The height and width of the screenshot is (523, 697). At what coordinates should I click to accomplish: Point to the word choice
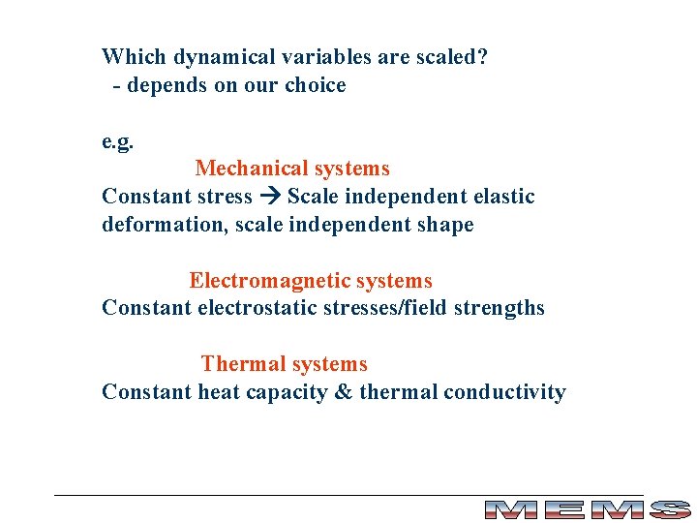[x=315, y=85]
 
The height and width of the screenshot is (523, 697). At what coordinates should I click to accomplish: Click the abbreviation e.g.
[x=118, y=142]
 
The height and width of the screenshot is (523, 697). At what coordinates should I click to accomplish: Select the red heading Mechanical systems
[x=292, y=169]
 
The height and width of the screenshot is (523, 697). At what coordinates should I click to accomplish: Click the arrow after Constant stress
[x=270, y=197]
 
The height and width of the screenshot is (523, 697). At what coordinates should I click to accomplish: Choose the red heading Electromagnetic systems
[x=311, y=281]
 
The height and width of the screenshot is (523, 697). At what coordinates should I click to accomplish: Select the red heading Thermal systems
[x=285, y=364]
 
